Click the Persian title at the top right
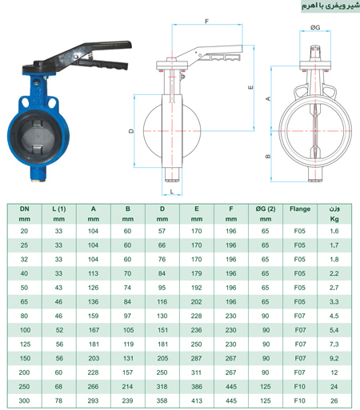tap(330, 6)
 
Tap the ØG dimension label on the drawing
tap(315, 27)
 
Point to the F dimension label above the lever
tap(207, 21)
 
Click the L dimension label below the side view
tap(172, 191)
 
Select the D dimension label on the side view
tap(131, 131)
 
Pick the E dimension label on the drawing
tap(250, 87)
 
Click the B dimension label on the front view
tap(268, 157)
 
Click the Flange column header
tap(300, 209)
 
